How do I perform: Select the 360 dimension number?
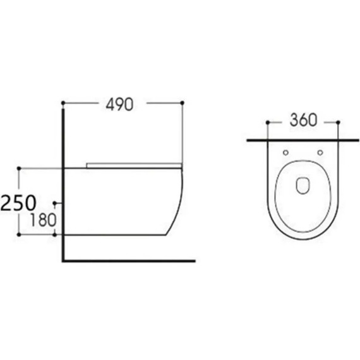point(304,121)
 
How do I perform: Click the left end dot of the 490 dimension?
point(63,102)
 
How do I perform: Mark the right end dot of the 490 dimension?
point(183,102)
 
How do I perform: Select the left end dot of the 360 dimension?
point(269,121)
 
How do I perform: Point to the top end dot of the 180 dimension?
point(56,203)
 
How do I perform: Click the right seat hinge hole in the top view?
point(321,152)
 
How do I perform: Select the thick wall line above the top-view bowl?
point(304,139)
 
